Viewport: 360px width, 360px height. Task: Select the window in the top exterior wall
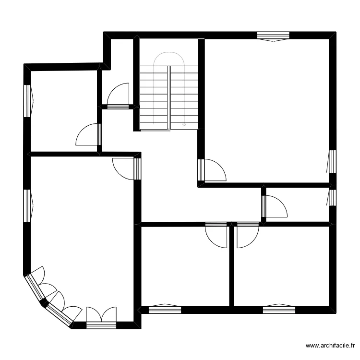273,36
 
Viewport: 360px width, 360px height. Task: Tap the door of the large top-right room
211,170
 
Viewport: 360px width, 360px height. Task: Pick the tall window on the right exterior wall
332,161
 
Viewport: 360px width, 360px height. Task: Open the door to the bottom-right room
248,235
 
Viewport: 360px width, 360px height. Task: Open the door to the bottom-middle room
216,235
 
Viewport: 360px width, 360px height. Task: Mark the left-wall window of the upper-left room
28,101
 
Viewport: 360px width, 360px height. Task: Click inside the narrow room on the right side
298,204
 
